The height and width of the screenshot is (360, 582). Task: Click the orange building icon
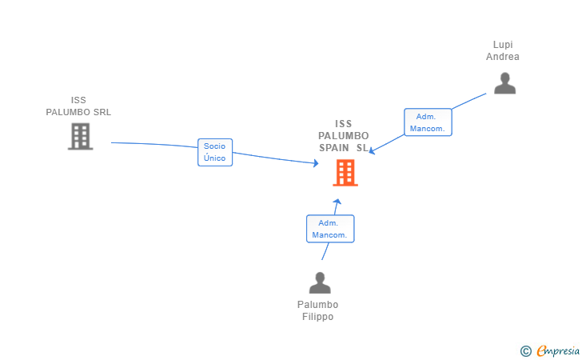345,173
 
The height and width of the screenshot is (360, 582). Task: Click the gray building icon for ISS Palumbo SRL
80,136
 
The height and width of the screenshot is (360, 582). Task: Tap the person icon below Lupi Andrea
504,83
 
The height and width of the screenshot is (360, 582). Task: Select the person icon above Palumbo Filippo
320,282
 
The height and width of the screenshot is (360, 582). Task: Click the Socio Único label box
215,152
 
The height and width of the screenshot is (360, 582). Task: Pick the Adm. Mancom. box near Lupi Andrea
428,122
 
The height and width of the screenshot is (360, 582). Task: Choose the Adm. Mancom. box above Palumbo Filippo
330,229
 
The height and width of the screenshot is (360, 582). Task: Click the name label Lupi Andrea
503,50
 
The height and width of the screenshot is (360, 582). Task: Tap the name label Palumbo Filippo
317,310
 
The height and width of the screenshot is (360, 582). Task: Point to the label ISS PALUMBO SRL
78,106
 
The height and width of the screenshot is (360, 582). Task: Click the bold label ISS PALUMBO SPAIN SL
343,136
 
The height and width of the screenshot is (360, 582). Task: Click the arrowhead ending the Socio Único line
316,163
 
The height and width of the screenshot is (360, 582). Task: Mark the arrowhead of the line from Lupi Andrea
372,150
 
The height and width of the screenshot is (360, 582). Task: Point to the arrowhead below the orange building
337,202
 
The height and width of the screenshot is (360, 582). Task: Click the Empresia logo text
558,350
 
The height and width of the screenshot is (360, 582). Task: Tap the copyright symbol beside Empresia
525,351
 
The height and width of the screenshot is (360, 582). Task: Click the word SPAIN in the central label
334,148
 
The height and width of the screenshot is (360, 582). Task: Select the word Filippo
317,317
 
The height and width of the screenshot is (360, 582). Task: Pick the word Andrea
503,57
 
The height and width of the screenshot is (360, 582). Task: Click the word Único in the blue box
214,158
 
